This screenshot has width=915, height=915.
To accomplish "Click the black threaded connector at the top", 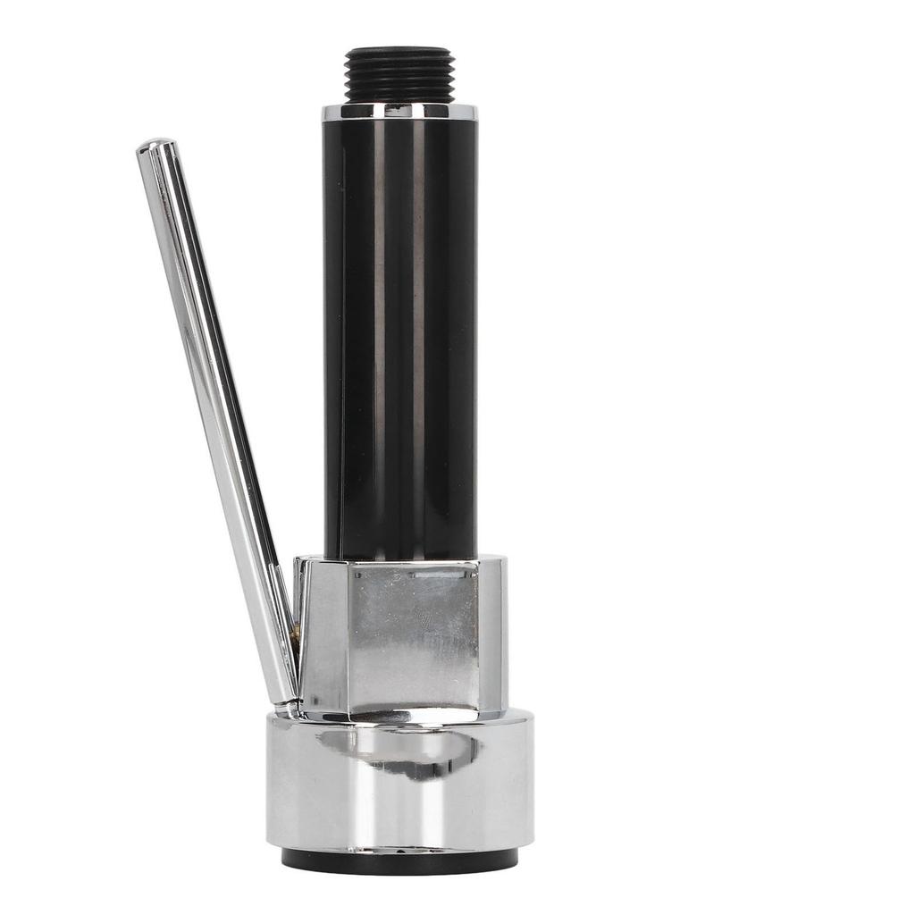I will (399, 75).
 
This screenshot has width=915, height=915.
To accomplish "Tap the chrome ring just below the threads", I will (399, 112).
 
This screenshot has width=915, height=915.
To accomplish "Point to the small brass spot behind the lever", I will (292, 632).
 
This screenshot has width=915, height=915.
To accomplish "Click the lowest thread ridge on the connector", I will (399, 97).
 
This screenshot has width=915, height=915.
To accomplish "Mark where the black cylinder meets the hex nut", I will (399, 559).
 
